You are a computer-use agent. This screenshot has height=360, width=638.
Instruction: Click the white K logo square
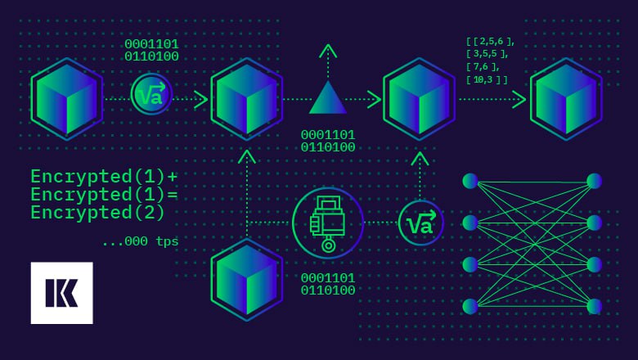[62, 293]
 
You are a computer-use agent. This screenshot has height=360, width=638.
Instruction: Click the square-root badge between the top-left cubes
[152, 94]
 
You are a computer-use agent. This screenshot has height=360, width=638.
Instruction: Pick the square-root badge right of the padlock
[420, 223]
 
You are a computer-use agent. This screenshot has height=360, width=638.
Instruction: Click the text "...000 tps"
[141, 241]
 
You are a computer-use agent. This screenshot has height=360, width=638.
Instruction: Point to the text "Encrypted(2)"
[97, 213]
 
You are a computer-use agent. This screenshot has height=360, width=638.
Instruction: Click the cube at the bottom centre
[247, 280]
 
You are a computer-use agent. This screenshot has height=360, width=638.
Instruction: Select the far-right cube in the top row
[566, 99]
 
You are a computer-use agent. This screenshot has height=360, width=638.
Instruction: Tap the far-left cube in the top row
[67, 99]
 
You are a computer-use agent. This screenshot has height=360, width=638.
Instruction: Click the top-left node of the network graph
[470, 181]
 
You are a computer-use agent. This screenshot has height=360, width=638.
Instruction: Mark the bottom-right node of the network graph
[594, 306]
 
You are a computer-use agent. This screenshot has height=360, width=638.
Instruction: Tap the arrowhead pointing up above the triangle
[328, 51]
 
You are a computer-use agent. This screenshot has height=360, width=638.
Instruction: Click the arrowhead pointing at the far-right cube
[519, 99]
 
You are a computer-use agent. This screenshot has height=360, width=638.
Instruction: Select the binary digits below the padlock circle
[328, 284]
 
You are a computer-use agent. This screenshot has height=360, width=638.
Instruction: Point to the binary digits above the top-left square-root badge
[152, 50]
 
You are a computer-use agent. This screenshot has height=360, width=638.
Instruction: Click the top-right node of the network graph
[594, 181]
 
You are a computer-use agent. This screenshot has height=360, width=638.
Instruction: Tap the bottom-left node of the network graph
[470, 306]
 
